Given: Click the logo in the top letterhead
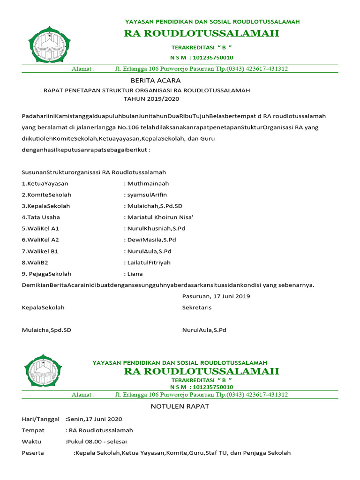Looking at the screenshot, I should pos(49,48).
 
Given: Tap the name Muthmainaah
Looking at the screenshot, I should pos(147,184).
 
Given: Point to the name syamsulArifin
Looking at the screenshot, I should pos(146,195).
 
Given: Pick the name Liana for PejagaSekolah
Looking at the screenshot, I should pos(135,274).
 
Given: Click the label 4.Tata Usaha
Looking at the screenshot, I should pos(41,217).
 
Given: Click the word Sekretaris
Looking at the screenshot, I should pos(197,307).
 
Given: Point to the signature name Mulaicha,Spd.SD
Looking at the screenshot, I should pos(46,330).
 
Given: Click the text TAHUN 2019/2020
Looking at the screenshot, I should pos(151,99).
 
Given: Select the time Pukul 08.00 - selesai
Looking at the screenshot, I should pos(97,442).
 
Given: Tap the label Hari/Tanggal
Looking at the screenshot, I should pos(40,419).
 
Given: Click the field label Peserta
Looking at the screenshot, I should pos(33,453).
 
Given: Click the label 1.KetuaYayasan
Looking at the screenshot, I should pos(45,184).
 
